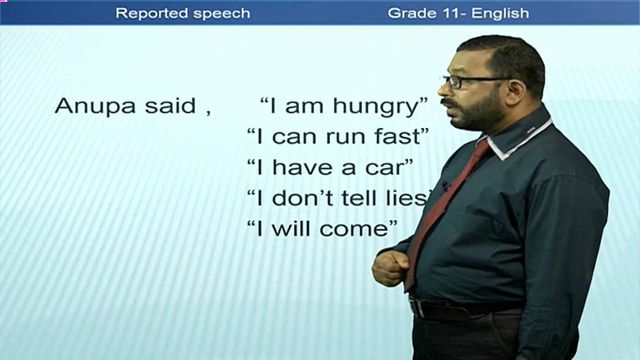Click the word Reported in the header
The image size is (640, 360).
click(x=151, y=13)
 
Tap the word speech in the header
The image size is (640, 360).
click(x=221, y=13)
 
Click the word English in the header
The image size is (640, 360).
click(x=500, y=13)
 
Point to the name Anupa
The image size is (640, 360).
click(x=95, y=107)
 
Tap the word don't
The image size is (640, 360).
click(x=303, y=197)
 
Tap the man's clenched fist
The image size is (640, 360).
click(x=390, y=267)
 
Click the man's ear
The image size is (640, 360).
click(x=517, y=91)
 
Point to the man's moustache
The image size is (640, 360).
click(x=450, y=103)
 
